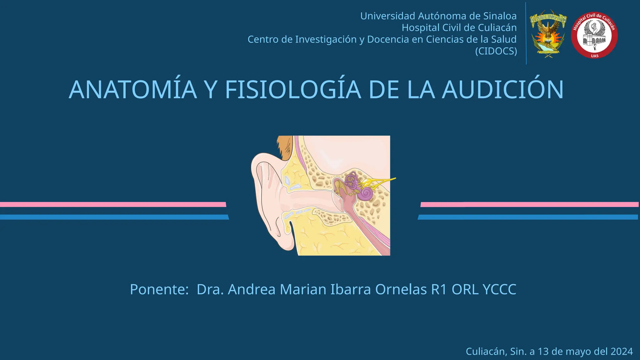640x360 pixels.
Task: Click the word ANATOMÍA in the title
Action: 133,90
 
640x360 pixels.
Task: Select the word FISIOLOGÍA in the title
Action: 293,90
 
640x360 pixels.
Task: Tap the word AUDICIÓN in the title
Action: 502,90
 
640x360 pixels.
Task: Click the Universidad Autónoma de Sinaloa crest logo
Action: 548,34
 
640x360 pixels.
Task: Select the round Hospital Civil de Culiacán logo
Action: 594,35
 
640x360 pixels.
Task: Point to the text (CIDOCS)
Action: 496,51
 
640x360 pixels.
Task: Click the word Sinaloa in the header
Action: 500,16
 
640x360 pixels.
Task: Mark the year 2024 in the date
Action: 622,352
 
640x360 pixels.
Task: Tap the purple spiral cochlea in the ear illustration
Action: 366,194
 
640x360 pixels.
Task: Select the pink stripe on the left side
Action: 112,205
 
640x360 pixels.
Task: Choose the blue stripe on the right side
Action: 528,217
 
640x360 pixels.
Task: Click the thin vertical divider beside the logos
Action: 526,34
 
